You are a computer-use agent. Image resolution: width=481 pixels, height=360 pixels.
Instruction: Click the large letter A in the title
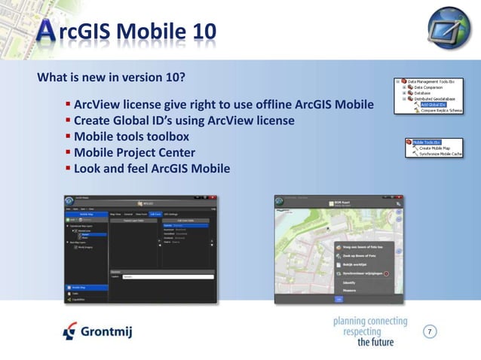[x=46, y=30]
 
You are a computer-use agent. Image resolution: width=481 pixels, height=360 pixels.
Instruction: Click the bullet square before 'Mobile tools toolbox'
[x=68, y=136]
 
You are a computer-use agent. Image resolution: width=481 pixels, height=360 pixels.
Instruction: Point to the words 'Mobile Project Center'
[x=134, y=153]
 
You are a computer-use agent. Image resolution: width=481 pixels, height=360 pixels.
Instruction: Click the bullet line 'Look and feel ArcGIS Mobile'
[x=151, y=169]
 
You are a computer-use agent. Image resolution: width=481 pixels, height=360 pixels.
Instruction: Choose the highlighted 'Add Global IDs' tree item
[x=436, y=105]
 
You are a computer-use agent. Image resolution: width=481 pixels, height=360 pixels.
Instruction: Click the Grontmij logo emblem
[x=69, y=330]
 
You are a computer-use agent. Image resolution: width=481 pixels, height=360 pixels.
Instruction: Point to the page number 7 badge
[x=430, y=331]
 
